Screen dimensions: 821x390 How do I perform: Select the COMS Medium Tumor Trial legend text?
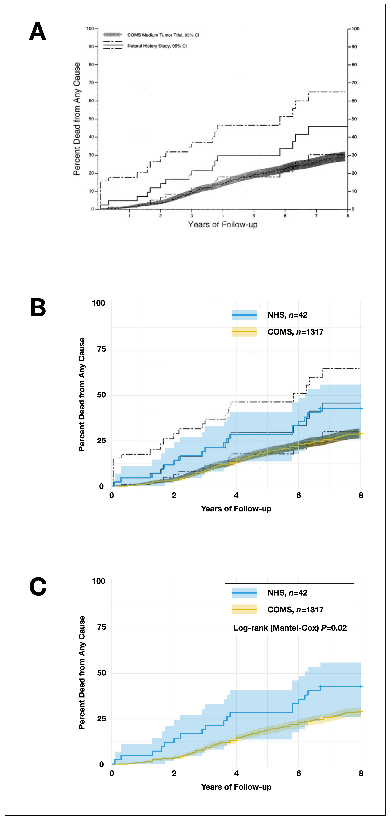[x=163, y=35]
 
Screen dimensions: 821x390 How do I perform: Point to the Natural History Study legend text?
[x=157, y=46]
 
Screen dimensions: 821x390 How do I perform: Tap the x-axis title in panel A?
[x=223, y=224]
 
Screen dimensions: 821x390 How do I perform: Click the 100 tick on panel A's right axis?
[x=355, y=29]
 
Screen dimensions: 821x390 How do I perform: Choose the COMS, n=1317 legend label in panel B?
[x=295, y=332]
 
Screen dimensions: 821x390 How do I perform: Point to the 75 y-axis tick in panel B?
[x=101, y=349]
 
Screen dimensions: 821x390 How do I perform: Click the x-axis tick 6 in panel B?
[x=298, y=495]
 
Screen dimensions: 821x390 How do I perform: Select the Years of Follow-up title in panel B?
[x=236, y=509]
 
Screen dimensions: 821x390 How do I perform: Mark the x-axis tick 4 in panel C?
[x=236, y=773]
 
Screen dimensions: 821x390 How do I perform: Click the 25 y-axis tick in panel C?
[x=101, y=719]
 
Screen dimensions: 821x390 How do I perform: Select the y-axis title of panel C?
[x=82, y=672]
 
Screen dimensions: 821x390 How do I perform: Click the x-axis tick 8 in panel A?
[x=348, y=216]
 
